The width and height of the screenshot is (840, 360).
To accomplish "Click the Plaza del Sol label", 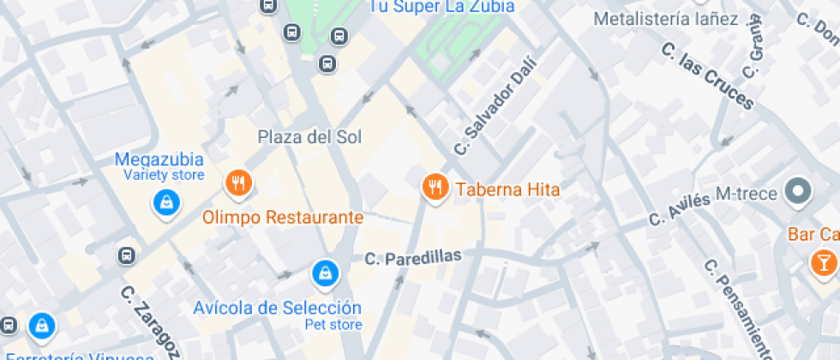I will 309,137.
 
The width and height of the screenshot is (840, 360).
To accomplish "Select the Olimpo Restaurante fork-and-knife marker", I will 238,183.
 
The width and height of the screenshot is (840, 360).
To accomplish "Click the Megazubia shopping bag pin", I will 165,203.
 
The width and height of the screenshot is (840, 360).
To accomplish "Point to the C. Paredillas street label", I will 413,256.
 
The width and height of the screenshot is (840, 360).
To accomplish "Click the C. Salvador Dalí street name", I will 495,105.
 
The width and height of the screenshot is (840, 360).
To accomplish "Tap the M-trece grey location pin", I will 799,191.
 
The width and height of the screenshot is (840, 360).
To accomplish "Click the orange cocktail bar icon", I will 824,261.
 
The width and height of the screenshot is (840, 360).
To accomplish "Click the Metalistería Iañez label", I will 665,19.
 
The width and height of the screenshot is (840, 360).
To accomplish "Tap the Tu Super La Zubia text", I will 441,6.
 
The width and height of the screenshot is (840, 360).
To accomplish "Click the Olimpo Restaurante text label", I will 283,217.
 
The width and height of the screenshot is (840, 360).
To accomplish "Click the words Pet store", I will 333,324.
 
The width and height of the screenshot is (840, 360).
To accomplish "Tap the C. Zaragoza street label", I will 150,321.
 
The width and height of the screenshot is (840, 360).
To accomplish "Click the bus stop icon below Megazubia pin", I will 127,255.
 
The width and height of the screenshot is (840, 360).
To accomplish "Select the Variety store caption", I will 164,175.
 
